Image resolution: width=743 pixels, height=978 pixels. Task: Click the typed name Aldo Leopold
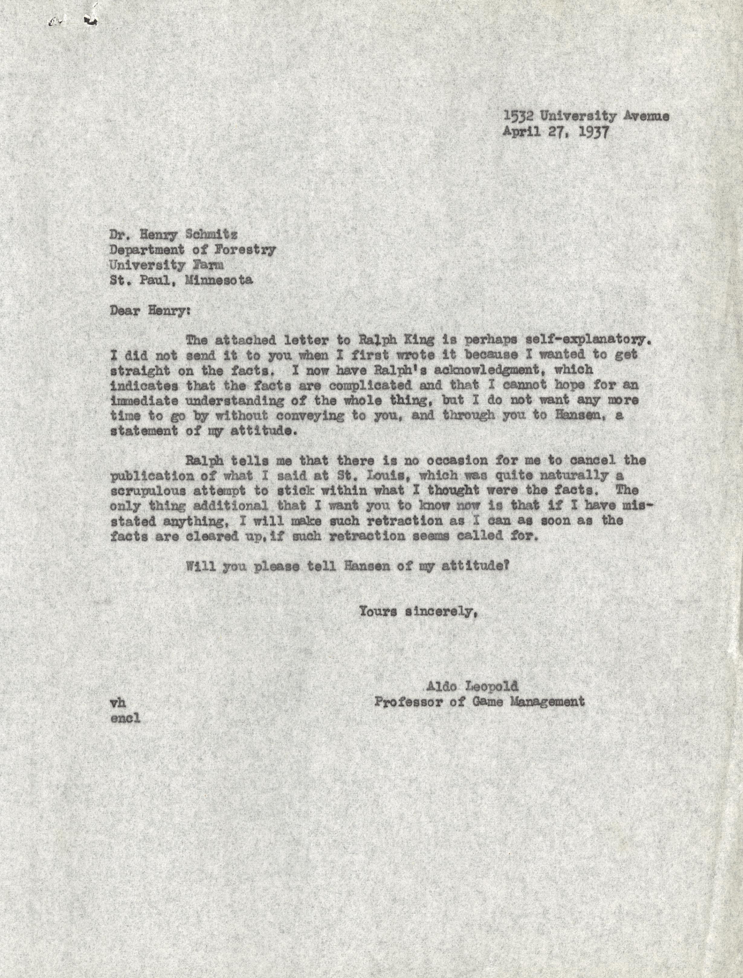pyautogui.click(x=471, y=687)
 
